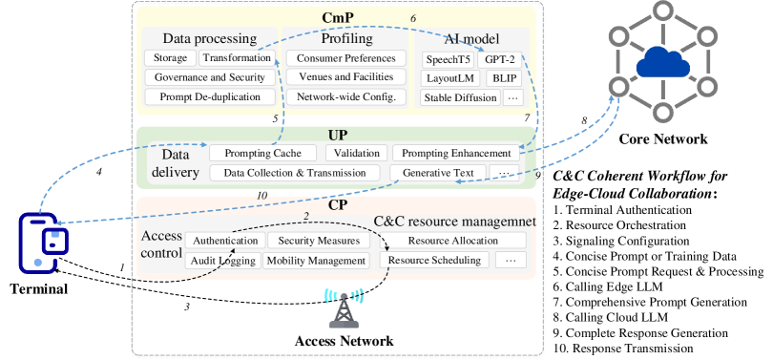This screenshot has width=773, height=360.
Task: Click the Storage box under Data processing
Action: pos(171,58)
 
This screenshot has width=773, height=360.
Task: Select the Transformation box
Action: pos(237,58)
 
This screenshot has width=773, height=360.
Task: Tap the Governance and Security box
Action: pos(210,77)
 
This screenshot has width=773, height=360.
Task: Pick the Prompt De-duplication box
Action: pos(210,97)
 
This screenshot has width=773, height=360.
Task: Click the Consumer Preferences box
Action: pos(345,58)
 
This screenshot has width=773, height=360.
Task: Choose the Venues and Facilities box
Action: pos(345,77)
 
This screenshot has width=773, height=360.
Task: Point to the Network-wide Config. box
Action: pos(345,97)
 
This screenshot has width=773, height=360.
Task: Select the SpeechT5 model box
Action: pos(449,59)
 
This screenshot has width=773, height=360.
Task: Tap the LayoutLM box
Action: pos(448,78)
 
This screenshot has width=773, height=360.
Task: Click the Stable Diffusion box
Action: pos(460,97)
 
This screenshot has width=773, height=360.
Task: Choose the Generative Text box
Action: pos(438,173)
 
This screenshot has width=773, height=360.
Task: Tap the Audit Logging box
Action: pos(222,261)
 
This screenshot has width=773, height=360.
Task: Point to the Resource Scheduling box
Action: pos(435,260)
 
